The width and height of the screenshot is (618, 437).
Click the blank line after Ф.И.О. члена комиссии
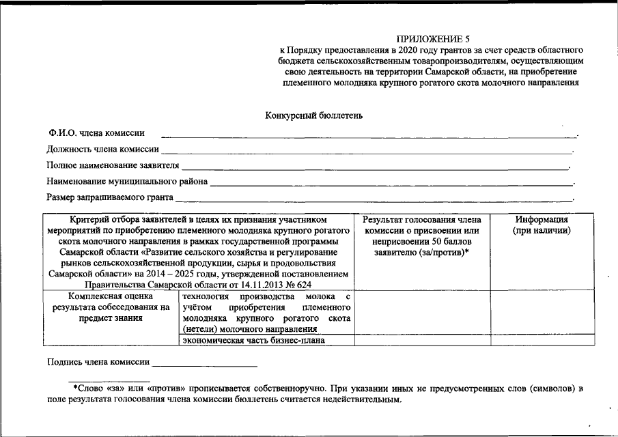(369, 136)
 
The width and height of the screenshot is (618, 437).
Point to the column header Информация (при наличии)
(542, 225)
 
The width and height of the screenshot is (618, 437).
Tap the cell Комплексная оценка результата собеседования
(111, 307)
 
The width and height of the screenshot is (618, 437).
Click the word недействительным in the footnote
(356, 399)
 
